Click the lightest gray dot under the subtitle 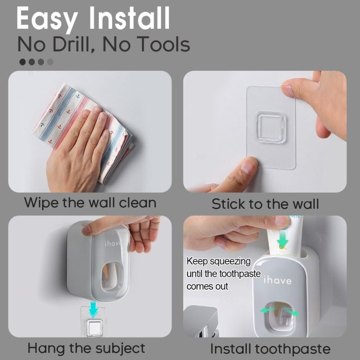pyautogui.click(x=50, y=62)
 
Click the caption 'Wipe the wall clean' pyautogui.click(x=90, y=202)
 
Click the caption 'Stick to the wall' pyautogui.click(x=265, y=204)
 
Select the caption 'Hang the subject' pyautogui.click(x=86, y=348)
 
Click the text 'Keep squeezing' pyautogui.click(x=219, y=262)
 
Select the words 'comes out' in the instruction pyautogui.click(x=207, y=286)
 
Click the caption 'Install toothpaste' pyautogui.click(x=270, y=349)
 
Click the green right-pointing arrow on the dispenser pyautogui.click(x=293, y=312)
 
